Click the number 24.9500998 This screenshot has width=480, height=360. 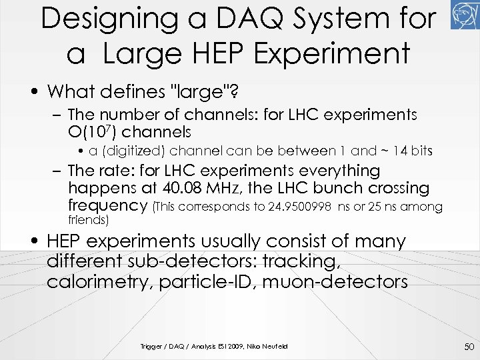299,207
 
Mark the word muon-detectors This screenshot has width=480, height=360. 335,281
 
